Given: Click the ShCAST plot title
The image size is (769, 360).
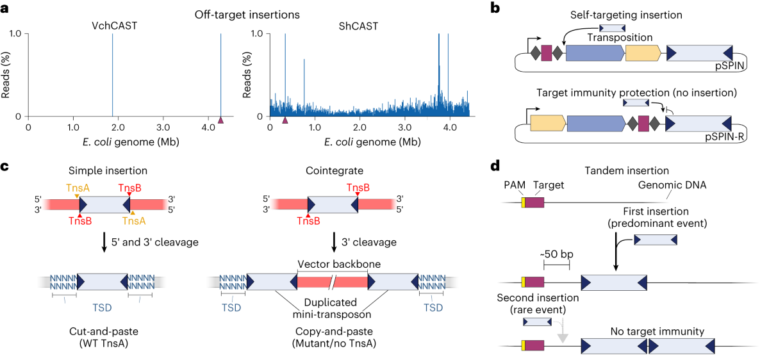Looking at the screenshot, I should point(358,26).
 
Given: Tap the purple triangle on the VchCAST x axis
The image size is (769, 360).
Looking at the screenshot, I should point(221,120).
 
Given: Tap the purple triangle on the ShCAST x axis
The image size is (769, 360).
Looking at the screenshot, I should point(286,120).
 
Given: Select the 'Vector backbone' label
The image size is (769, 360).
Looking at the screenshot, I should point(333,264).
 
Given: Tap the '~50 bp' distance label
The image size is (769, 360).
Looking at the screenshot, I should point(557,254).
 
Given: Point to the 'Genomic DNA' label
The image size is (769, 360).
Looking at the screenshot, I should point(668,184).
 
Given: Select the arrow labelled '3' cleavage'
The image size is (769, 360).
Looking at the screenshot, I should point(333,242).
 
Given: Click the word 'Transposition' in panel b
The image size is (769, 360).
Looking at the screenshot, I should point(614,38).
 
